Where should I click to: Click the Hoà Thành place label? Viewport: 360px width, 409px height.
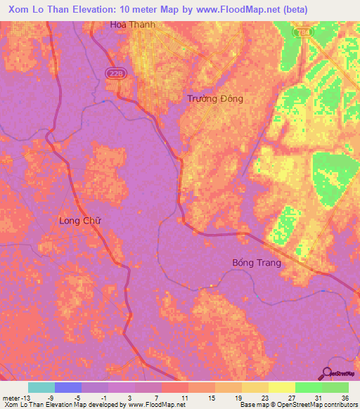132,25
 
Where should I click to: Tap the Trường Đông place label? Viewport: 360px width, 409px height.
215,98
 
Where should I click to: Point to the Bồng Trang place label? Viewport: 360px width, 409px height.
257,263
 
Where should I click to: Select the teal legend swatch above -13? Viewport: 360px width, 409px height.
41,387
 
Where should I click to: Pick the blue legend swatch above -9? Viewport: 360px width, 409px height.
68,387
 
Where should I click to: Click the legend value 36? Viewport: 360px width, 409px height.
345,396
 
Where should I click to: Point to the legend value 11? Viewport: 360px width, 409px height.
184,396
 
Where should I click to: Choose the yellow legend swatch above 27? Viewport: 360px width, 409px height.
281,387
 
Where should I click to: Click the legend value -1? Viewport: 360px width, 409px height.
104,396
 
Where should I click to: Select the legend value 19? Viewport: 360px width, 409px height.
238,396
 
